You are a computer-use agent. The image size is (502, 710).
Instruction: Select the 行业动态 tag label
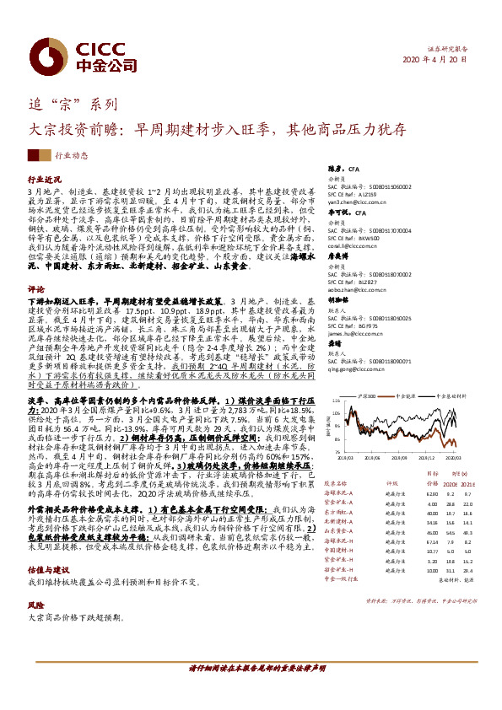[71, 156]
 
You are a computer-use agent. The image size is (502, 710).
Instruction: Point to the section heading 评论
[35, 288]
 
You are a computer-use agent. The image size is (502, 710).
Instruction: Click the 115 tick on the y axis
[333, 400]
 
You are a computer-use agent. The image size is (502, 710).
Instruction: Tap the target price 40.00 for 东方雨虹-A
[432, 513]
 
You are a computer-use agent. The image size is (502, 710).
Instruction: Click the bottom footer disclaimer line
[251, 690]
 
